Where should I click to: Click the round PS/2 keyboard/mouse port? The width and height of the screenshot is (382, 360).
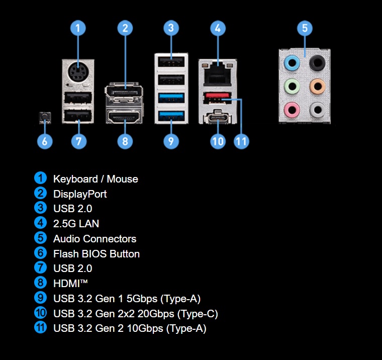tap(78, 73)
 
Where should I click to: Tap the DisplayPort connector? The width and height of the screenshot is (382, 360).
tap(125, 94)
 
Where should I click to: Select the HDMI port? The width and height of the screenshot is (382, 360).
tap(125, 118)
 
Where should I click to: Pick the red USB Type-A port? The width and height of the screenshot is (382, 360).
tap(217, 97)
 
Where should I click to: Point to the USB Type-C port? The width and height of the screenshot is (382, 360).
tap(217, 117)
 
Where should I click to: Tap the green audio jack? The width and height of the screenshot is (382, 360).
tap(292, 85)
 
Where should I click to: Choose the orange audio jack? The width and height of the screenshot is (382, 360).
tap(317, 85)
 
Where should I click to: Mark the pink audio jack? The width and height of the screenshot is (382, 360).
tap(292, 108)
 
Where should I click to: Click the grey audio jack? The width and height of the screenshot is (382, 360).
tap(317, 108)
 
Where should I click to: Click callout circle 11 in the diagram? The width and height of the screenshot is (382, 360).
tap(242, 141)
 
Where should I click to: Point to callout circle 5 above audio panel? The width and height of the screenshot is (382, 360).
tap(305, 28)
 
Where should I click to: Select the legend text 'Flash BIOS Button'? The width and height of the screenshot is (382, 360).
tap(97, 253)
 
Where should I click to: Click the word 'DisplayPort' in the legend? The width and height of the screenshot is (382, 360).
tap(80, 194)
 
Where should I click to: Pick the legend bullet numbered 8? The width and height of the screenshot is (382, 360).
tap(40, 283)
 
